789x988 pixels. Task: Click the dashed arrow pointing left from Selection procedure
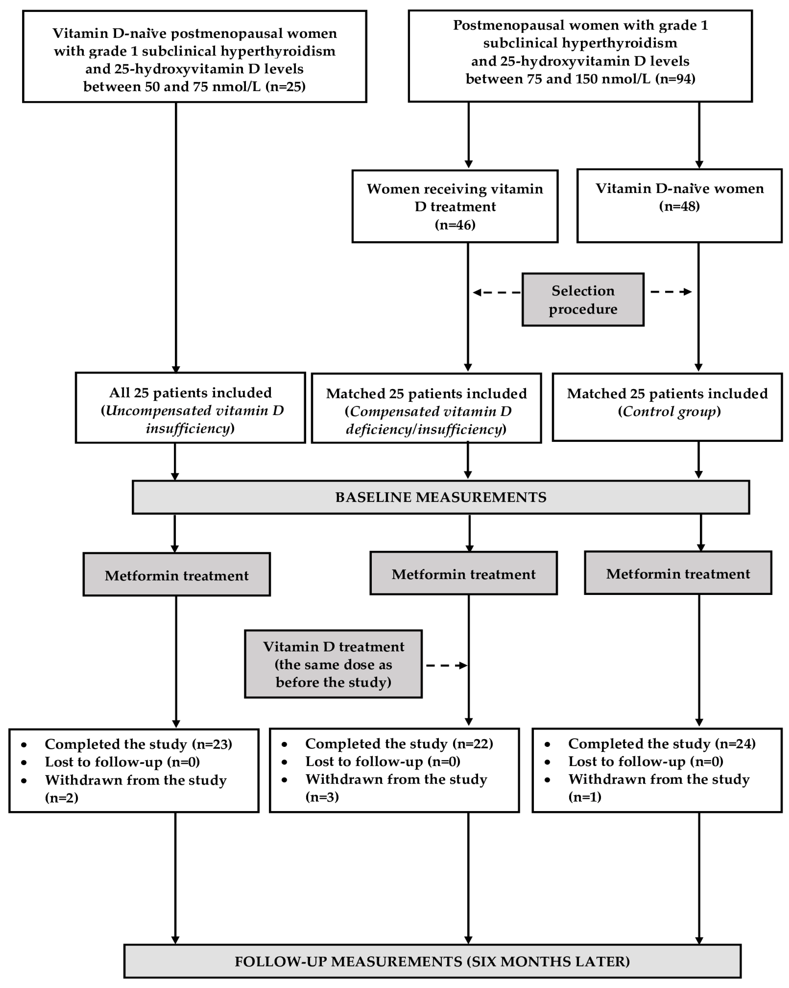pyautogui.click(x=497, y=292)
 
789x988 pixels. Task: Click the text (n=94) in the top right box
pyautogui.click(x=675, y=79)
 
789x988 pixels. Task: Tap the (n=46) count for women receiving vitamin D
pyautogui.click(x=455, y=225)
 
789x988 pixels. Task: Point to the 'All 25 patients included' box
pyautogui.click(x=190, y=408)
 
